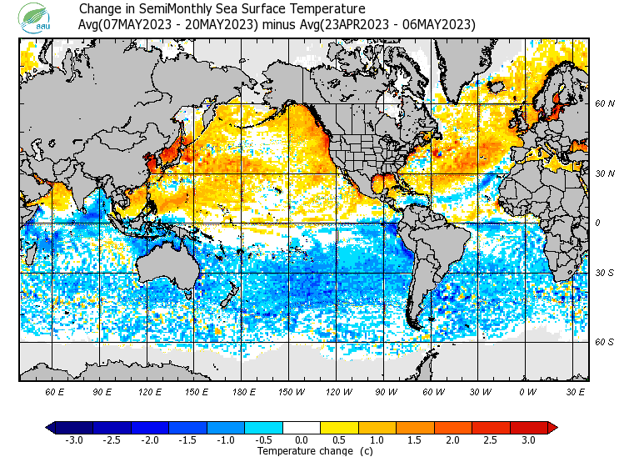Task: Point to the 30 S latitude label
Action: click(605, 273)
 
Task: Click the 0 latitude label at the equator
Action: click(598, 222)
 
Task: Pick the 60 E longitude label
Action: click(55, 390)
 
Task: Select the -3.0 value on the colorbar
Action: click(74, 439)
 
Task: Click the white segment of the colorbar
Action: click(302, 427)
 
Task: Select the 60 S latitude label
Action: click(605, 341)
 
